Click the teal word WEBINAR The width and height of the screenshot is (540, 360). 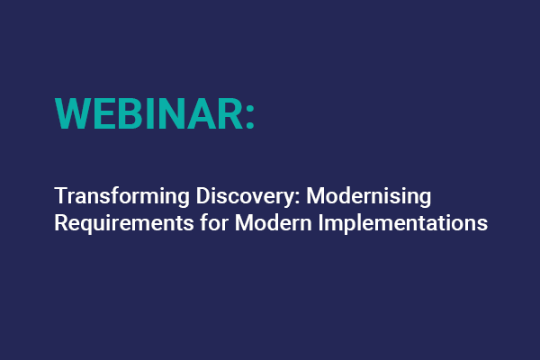click(x=148, y=113)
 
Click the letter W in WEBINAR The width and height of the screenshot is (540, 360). click(x=73, y=113)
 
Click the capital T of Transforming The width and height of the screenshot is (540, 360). click(x=60, y=196)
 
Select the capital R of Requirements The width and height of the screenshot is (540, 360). click(x=60, y=222)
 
